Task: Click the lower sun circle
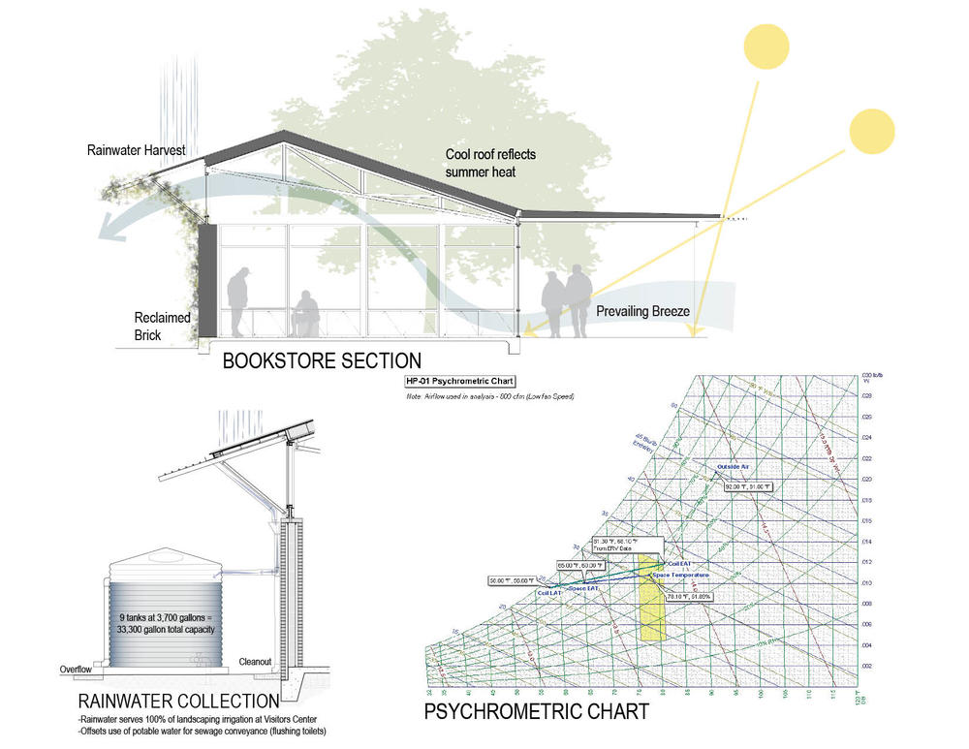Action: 870,132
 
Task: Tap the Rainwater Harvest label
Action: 136,150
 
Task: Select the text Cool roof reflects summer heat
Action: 490,163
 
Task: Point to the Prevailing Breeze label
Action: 642,312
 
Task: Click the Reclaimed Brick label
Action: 162,327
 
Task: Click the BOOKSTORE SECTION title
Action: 322,361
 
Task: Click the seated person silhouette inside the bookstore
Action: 306,312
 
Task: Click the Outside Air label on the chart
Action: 734,467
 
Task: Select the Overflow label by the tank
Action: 73,669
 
